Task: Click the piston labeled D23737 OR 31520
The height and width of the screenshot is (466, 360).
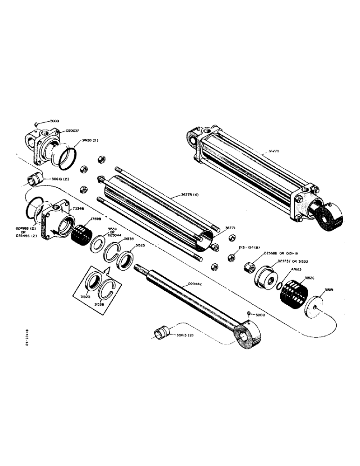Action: coord(265,277)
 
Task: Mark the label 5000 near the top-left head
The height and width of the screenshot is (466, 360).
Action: coord(55,120)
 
